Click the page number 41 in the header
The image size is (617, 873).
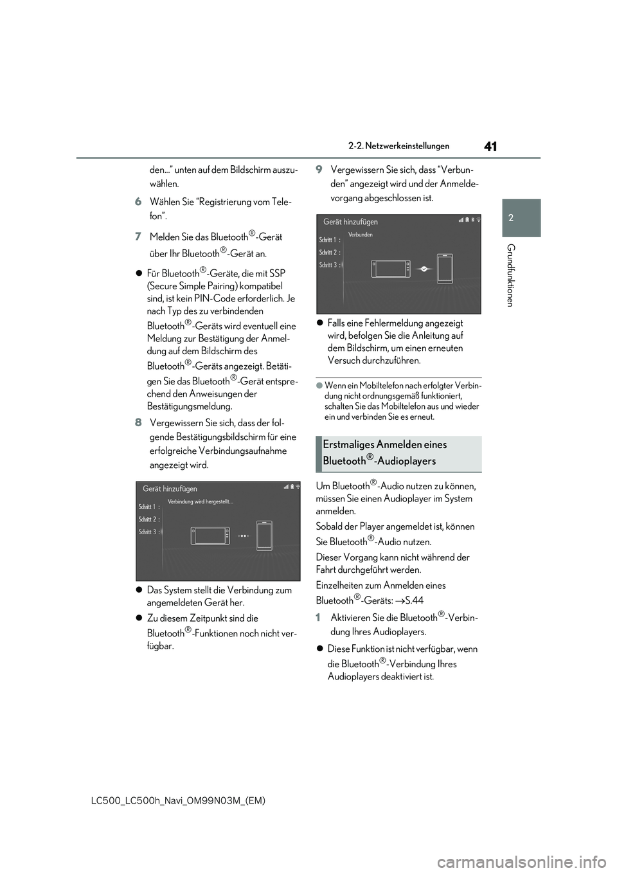490,147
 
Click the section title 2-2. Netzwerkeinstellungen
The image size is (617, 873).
398,147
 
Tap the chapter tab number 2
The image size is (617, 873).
511,218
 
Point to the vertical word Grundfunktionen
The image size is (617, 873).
510,275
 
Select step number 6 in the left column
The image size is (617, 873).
138,202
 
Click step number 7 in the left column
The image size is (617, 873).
138,237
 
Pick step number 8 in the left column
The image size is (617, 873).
138,423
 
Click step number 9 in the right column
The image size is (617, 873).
319,170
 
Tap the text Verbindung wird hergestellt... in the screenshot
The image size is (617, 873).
201,501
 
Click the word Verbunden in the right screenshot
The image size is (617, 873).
361,235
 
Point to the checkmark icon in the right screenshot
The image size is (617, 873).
424,269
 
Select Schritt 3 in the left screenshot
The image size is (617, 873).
149,532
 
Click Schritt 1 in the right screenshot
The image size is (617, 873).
329,240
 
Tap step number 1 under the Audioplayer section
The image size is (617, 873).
318,617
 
